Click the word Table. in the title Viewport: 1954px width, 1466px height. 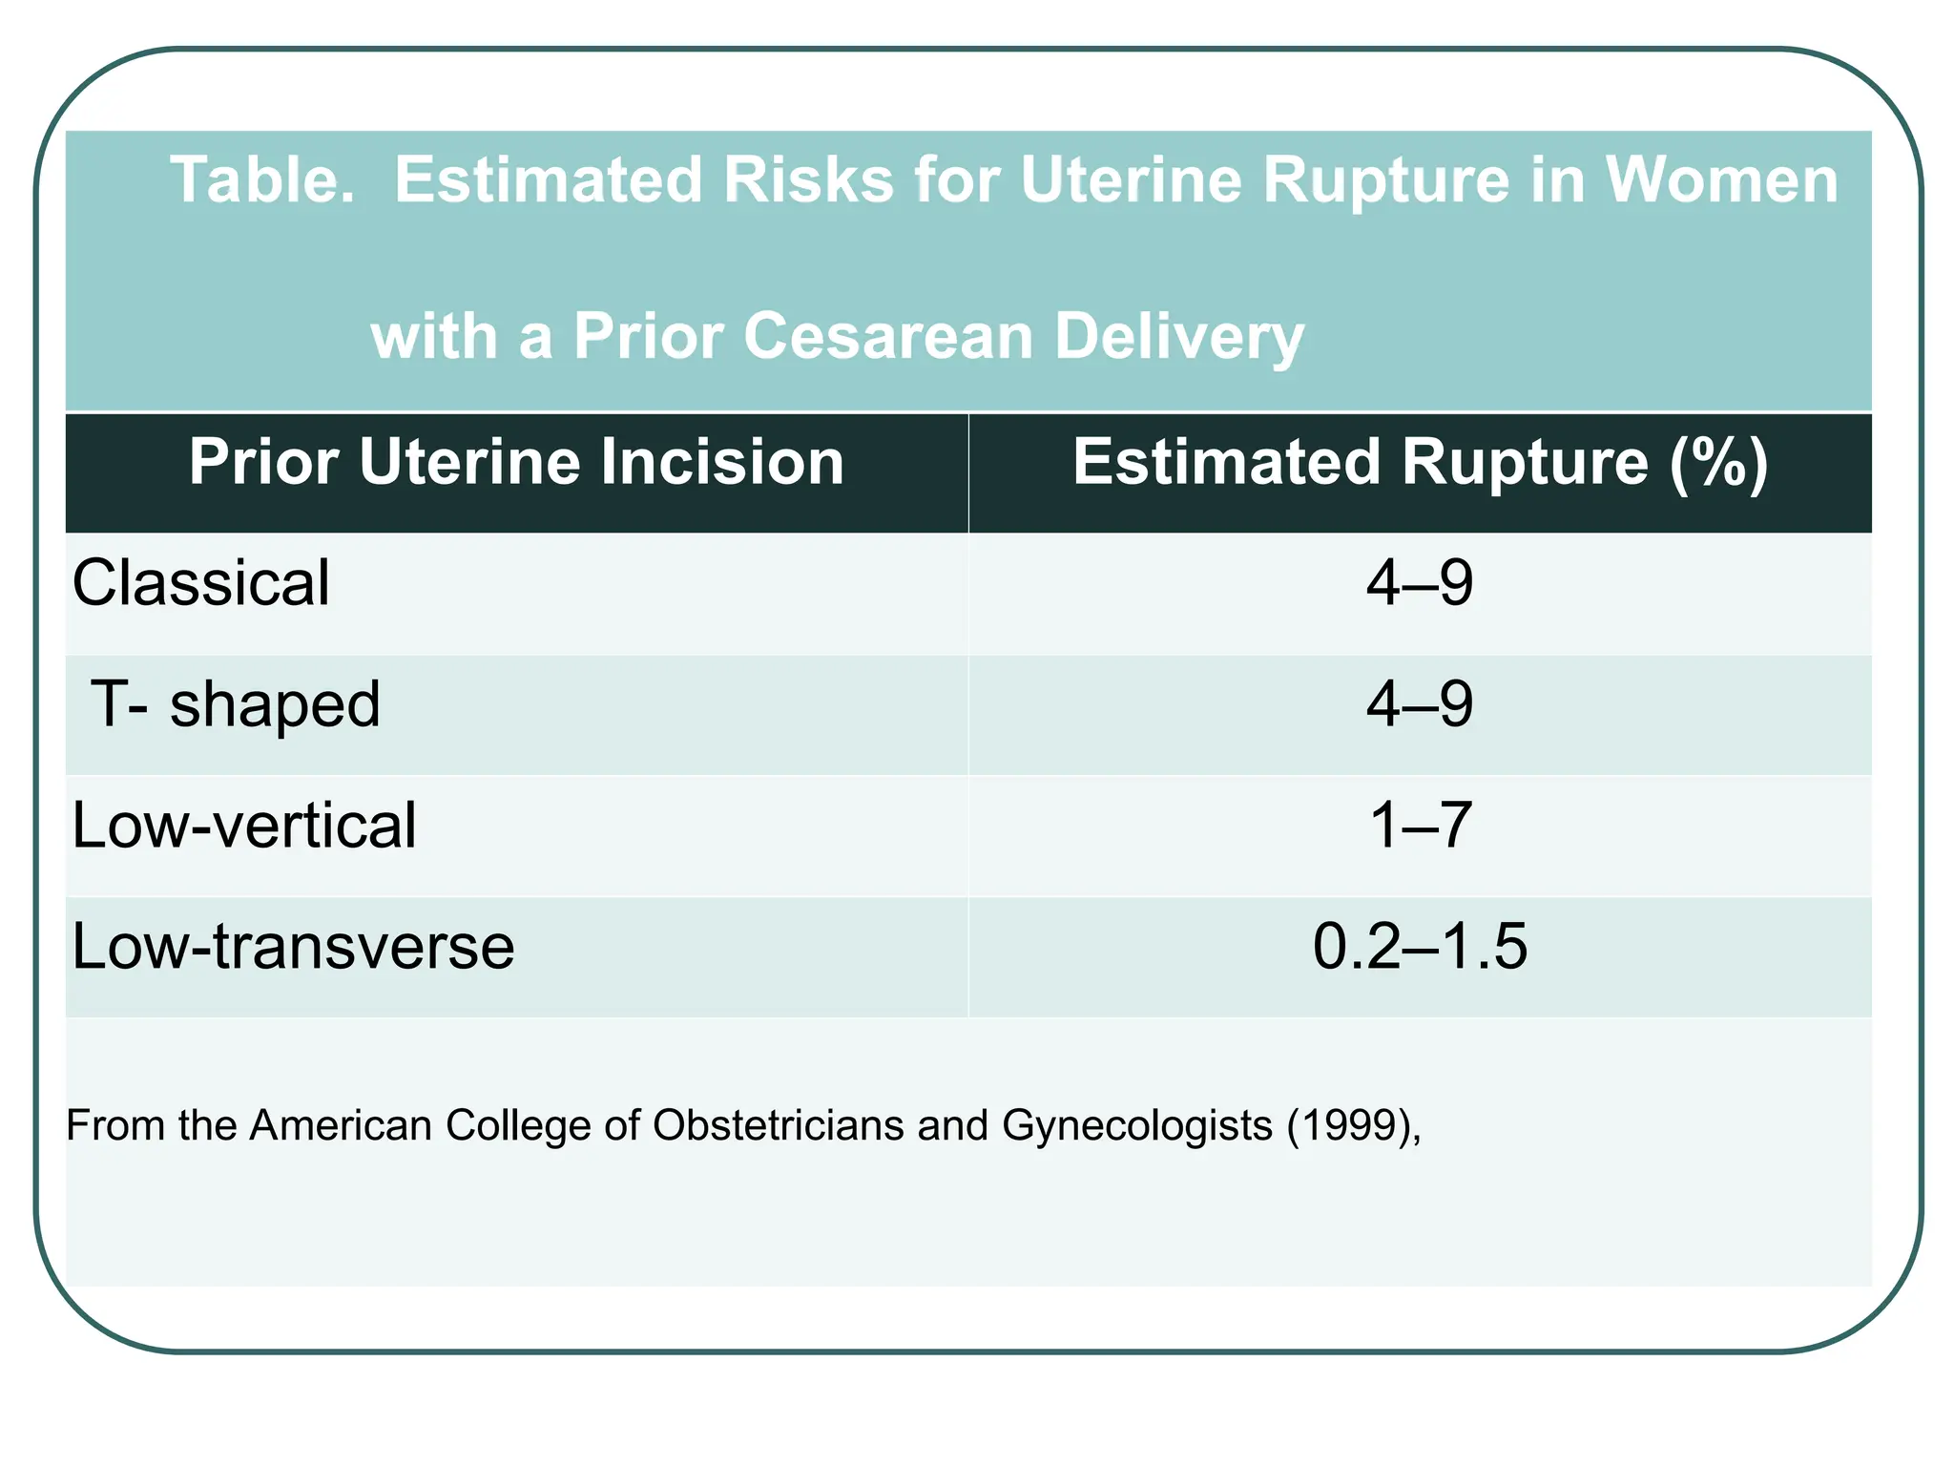(261, 180)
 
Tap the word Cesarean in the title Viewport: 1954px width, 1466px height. (888, 337)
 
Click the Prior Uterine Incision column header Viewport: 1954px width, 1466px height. (516, 463)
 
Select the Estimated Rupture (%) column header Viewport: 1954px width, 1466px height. (1420, 463)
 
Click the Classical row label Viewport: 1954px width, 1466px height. (201, 583)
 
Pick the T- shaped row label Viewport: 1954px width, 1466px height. (237, 705)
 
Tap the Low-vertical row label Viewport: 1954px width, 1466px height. (244, 826)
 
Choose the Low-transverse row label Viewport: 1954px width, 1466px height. (293, 947)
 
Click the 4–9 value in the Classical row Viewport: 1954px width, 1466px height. (1420, 583)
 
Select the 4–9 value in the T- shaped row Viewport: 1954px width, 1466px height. (1420, 705)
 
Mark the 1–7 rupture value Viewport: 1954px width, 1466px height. (1420, 826)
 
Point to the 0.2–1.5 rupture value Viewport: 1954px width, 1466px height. (1420, 947)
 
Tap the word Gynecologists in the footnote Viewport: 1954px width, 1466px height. (1137, 1126)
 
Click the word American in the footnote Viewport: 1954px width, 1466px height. (341, 1125)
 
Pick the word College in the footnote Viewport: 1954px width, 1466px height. (519, 1126)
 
